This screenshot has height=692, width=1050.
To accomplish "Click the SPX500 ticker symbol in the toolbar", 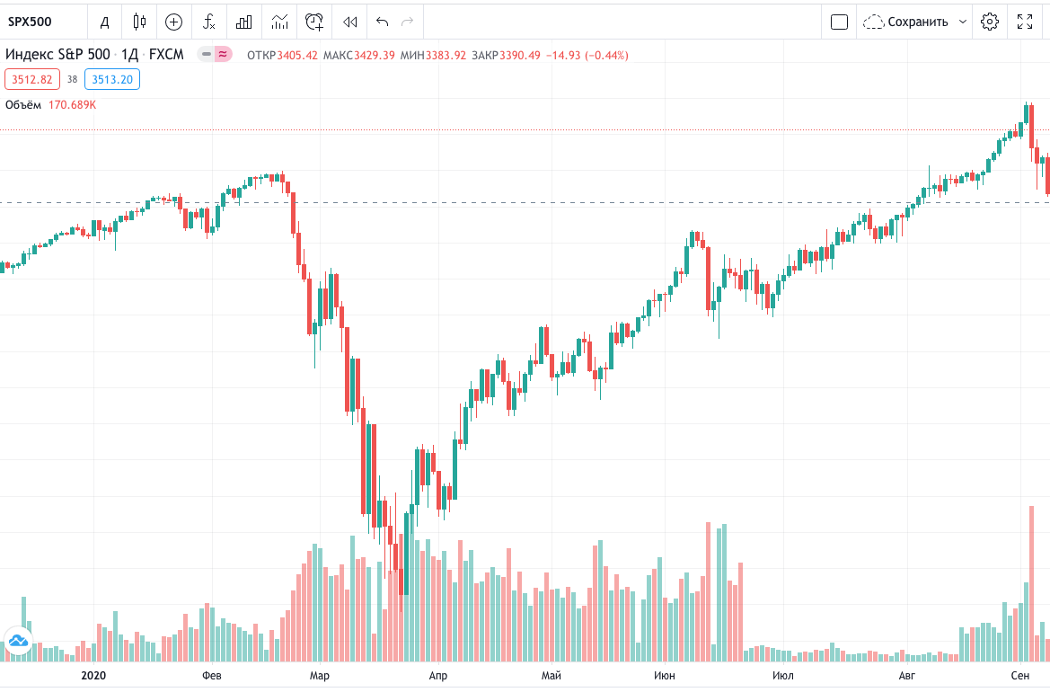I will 31,22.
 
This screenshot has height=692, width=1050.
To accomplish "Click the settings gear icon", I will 990,22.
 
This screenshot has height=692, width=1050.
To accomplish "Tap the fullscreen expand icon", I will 1024,22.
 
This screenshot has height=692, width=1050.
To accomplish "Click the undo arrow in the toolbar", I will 383,22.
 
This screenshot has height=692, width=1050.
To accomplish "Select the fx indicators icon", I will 208,22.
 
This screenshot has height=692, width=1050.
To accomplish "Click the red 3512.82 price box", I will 32,79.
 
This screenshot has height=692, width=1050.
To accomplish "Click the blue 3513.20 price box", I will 112,79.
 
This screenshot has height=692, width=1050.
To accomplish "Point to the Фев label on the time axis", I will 212,675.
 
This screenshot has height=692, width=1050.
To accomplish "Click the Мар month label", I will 319,675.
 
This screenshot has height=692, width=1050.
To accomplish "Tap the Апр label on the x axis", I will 437,675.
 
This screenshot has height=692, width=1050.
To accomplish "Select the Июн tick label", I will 665,675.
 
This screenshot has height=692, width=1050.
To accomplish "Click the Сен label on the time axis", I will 1019,675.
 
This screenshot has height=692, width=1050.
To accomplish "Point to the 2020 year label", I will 93,675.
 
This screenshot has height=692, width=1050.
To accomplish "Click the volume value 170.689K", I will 72,105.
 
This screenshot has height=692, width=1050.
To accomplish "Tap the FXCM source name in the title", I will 166,55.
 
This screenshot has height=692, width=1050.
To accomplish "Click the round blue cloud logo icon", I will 19,641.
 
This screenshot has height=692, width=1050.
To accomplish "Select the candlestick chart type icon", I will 138,22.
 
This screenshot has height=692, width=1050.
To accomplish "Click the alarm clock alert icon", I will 314,22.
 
